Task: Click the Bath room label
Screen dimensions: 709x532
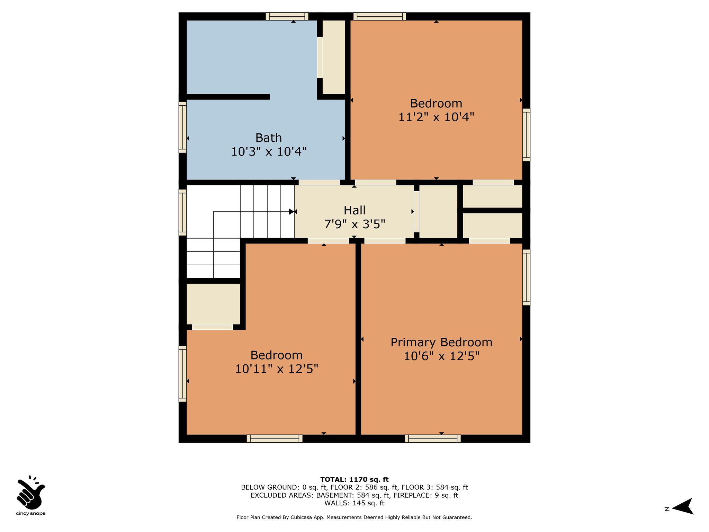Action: (x=269, y=138)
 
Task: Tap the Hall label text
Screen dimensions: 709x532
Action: (x=354, y=210)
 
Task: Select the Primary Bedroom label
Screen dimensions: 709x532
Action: (x=441, y=342)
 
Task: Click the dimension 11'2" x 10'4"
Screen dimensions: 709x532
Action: (x=436, y=117)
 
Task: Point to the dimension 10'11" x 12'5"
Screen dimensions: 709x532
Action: (x=277, y=369)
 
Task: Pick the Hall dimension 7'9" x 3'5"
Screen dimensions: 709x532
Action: (x=354, y=224)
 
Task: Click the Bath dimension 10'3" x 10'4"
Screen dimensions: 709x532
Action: (x=269, y=152)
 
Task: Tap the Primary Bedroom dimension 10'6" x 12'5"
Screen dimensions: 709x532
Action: (x=441, y=356)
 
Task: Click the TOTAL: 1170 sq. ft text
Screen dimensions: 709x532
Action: (x=354, y=480)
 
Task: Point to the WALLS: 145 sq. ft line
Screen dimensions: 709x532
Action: (x=354, y=503)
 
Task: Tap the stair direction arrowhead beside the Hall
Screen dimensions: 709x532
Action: (x=291, y=212)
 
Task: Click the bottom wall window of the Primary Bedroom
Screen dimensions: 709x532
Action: (x=433, y=439)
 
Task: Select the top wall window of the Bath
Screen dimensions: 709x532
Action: (x=287, y=16)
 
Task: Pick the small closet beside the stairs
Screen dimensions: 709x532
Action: (x=213, y=304)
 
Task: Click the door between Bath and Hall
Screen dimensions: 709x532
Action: (x=319, y=183)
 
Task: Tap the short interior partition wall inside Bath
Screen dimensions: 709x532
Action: (x=228, y=97)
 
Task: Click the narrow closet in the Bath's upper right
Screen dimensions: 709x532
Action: (x=334, y=57)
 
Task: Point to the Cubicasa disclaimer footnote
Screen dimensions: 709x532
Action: (x=354, y=517)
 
